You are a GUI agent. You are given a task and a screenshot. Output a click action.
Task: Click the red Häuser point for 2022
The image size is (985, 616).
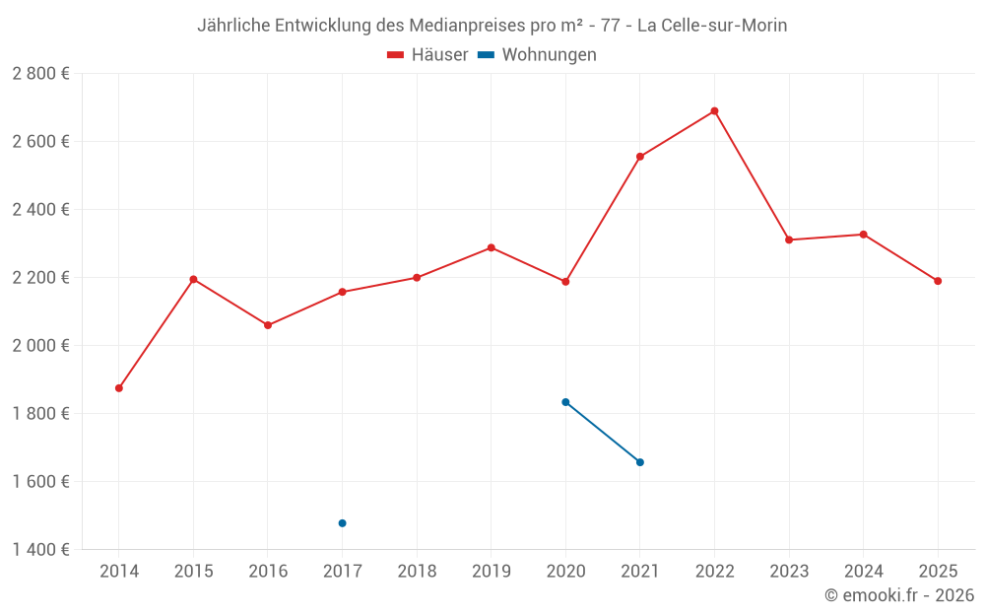[x=714, y=111]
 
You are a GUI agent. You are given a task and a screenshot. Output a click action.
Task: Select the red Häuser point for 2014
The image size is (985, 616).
[x=119, y=388]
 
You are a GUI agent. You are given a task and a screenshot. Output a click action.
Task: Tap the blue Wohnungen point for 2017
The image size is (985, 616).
[x=343, y=523]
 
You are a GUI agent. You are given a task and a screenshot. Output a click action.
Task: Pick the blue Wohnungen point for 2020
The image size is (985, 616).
[x=565, y=402]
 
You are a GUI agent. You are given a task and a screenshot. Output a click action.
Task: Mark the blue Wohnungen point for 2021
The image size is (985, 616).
[x=640, y=462]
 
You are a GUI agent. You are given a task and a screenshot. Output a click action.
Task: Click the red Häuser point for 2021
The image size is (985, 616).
[x=640, y=157]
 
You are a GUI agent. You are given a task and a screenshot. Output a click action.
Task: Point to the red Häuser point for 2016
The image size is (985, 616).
[x=268, y=325]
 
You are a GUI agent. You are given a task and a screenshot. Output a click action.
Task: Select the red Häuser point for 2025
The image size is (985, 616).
[x=938, y=281]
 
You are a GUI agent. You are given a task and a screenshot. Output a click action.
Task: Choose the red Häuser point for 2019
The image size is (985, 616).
[x=492, y=247]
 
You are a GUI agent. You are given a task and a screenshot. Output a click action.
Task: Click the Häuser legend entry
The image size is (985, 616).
[x=427, y=55]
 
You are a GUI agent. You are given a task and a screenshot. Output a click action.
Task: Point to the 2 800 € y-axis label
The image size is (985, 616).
[x=40, y=74]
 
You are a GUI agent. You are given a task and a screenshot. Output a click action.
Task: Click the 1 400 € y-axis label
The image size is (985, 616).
[x=40, y=549]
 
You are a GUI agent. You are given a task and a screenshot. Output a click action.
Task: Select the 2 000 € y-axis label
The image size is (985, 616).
[x=40, y=346]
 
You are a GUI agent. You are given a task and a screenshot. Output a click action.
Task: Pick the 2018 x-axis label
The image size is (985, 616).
[x=417, y=572]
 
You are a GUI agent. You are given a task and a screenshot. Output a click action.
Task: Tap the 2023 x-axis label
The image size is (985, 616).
[x=789, y=572]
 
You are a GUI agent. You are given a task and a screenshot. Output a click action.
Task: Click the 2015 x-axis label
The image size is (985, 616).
[x=193, y=572]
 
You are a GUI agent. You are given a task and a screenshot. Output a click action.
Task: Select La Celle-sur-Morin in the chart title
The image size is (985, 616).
[x=712, y=26]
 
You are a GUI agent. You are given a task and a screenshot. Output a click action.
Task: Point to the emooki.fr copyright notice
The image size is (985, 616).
[x=899, y=595]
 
